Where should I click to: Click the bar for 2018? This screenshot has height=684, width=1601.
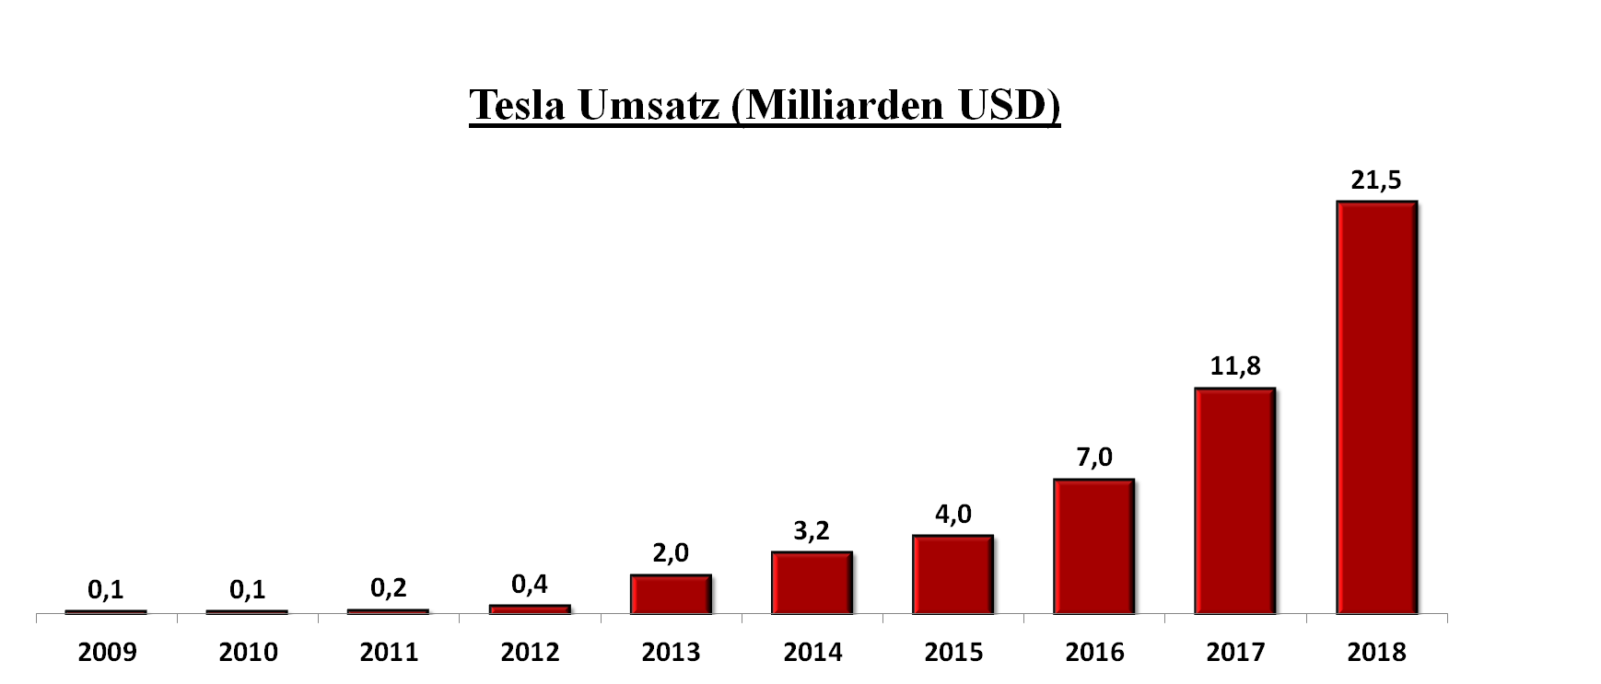click(1376, 407)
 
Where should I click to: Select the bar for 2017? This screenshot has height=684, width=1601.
click(1234, 501)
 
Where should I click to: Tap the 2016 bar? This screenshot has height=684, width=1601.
click(1093, 546)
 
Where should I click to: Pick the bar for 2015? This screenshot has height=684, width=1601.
click(952, 574)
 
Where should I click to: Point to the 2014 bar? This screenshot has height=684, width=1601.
click(812, 583)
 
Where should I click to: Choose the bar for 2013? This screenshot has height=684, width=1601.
click(671, 594)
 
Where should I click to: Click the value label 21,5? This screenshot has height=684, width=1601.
click(1376, 180)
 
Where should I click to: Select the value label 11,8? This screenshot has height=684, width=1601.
click(1234, 366)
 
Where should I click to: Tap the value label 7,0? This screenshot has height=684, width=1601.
click(1094, 458)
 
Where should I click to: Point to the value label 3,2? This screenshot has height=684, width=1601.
click(812, 531)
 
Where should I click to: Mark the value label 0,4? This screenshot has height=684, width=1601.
click(530, 585)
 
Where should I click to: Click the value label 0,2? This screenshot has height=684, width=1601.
click(389, 588)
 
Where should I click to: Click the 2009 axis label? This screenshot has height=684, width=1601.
click(107, 653)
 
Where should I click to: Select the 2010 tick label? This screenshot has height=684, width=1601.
click(248, 653)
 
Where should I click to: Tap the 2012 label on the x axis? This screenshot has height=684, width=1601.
click(530, 653)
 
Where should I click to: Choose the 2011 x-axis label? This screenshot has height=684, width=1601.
click(389, 653)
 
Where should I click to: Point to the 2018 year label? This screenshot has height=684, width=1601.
click(1376, 653)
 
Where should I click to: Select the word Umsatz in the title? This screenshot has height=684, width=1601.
click(649, 106)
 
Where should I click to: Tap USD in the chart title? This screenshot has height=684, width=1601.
click(1009, 106)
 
